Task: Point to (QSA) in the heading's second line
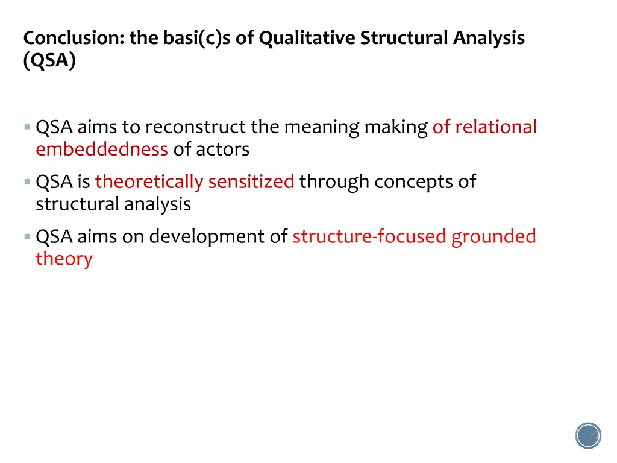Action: (49, 61)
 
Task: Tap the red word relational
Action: (495, 127)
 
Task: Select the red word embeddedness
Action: (101, 149)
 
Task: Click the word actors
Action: (223, 149)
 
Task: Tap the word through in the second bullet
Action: (334, 181)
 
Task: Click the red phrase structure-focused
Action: (369, 236)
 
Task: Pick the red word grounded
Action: (493, 236)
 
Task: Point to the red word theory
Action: (64, 259)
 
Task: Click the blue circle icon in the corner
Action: (588, 435)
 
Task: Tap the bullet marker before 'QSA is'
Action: (27, 181)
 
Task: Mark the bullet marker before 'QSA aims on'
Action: (27, 236)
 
